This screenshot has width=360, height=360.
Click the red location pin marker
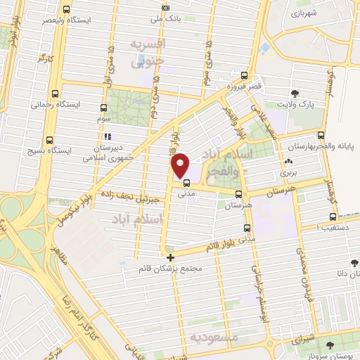pyautogui.click(x=181, y=165)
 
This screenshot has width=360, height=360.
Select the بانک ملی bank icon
pyautogui.click(x=165, y=8)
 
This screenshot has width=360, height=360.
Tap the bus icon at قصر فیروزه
pyautogui.click(x=244, y=75)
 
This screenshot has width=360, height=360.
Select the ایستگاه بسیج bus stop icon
pyautogui.click(x=49, y=139)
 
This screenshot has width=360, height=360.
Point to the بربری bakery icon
pyautogui.click(x=289, y=162)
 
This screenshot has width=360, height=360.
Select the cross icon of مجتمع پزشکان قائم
pyautogui.click(x=169, y=258)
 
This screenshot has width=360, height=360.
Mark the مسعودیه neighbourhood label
pyautogui.click(x=238, y=338)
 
